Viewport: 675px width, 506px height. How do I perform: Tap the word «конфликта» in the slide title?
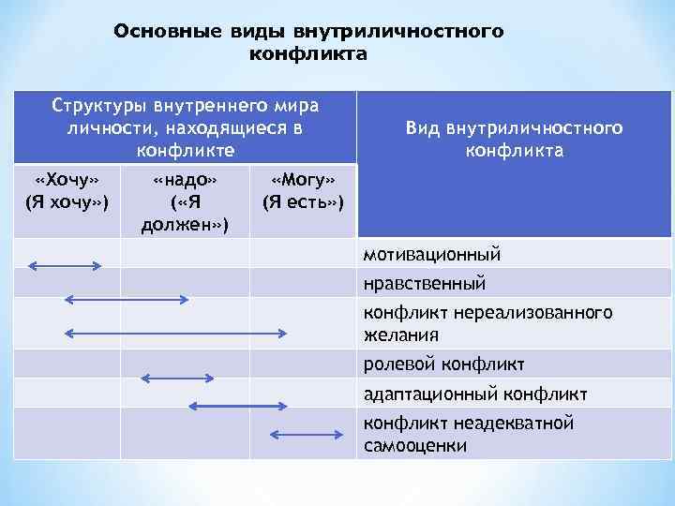click(x=307, y=54)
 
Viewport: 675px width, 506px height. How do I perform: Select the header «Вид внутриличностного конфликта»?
click(x=513, y=139)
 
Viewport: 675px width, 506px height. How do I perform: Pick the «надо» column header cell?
click(x=185, y=201)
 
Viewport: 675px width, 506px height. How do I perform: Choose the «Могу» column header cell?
click(x=302, y=190)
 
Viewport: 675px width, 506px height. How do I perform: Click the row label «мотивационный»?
click(x=432, y=254)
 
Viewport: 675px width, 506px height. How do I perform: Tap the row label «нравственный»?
click(x=425, y=282)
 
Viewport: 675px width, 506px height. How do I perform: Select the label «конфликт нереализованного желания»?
click(x=487, y=322)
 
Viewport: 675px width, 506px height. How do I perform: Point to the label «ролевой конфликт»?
click(x=443, y=364)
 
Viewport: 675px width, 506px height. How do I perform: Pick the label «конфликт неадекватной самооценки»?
click(x=468, y=434)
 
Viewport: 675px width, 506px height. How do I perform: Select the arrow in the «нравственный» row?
click(x=126, y=299)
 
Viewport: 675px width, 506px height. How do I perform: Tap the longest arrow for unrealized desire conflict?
click(x=175, y=332)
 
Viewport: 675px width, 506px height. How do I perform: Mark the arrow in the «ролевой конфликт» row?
click(x=177, y=378)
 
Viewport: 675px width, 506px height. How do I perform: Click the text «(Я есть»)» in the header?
click(x=302, y=201)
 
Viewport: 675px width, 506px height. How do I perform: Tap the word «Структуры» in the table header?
click(x=91, y=103)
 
